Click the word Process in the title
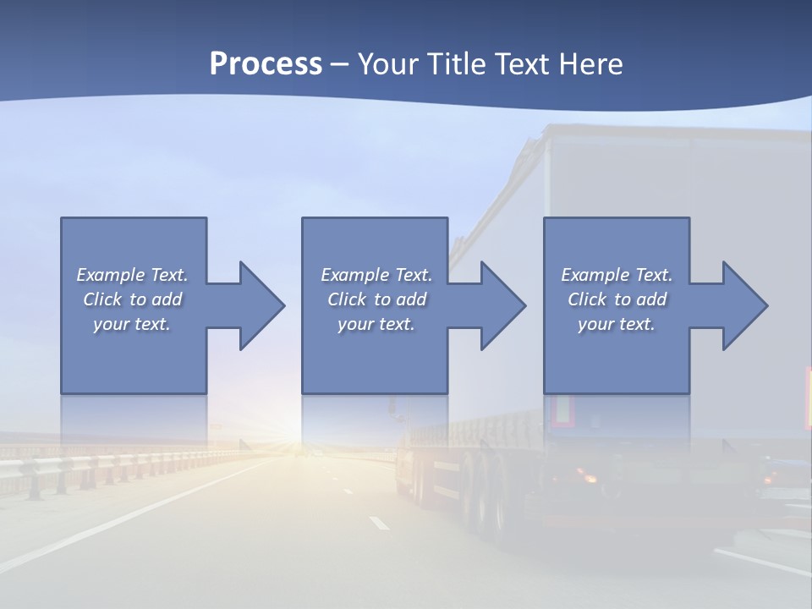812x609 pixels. coord(266,64)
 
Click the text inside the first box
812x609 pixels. coord(132,299)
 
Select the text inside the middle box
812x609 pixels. coord(376,299)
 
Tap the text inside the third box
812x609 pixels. coord(617,299)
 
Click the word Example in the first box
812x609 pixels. coord(110,275)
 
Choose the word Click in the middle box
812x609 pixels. coord(346,299)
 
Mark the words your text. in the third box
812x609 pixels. coord(617,324)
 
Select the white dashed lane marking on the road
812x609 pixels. coord(379,523)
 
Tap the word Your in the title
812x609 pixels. coord(386,64)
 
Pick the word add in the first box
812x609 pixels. coord(167,299)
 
